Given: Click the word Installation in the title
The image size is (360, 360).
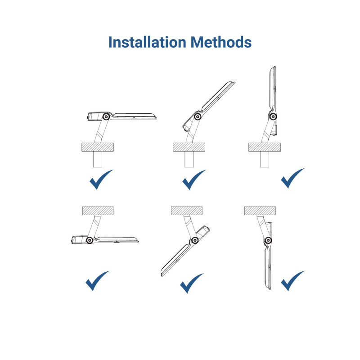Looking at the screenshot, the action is click(x=147, y=42).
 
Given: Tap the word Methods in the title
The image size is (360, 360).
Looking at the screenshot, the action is click(x=221, y=42).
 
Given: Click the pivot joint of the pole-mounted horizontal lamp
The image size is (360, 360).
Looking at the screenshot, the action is click(x=106, y=117).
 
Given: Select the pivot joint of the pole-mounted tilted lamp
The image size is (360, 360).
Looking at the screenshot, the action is click(x=198, y=117).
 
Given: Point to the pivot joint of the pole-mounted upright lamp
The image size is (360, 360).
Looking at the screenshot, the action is click(x=273, y=117).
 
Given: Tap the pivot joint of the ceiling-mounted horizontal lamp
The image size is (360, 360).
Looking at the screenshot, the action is click(x=90, y=240).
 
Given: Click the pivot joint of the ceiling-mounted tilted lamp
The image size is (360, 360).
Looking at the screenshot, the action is click(x=195, y=240).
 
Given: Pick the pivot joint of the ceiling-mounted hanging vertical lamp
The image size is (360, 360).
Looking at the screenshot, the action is click(x=268, y=241).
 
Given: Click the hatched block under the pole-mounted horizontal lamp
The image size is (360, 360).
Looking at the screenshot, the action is click(x=98, y=147).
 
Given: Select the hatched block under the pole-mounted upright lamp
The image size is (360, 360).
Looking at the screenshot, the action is click(x=265, y=147).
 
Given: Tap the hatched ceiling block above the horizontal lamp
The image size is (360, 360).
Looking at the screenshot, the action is click(x=98, y=211).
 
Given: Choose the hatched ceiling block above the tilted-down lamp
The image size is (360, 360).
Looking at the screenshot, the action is click(x=187, y=211).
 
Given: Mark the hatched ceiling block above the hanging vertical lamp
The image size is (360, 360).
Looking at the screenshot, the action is click(x=260, y=211).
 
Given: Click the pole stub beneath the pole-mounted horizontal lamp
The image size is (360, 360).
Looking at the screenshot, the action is click(x=98, y=159).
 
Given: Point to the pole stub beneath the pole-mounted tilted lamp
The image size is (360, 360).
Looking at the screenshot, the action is click(x=189, y=159).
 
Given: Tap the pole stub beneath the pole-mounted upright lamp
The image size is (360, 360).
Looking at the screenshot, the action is click(x=265, y=159).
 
